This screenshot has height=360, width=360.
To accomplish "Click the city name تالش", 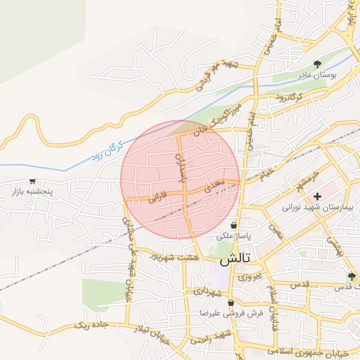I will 234,259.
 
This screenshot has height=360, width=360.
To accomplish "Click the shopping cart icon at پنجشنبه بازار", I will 32,181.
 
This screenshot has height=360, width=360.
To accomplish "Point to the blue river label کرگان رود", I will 106,151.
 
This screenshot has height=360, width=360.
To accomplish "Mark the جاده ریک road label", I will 93,325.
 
